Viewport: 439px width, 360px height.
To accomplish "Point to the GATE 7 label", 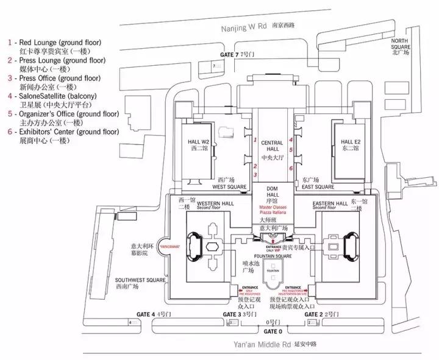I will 231,55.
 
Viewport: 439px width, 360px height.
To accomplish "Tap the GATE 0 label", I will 273,331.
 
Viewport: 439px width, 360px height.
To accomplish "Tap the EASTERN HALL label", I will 329,203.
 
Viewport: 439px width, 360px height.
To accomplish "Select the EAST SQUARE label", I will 318,187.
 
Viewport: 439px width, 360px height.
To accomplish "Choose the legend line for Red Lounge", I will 54,43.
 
